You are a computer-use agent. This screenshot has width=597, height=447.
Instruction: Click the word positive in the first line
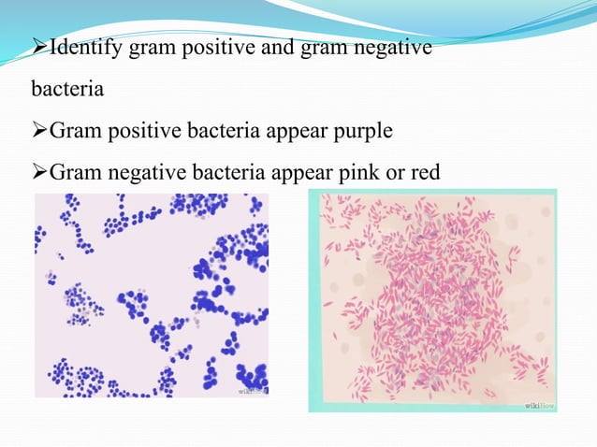(198, 47)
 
